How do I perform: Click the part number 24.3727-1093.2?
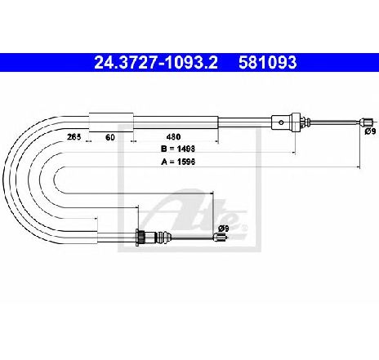click(156, 63)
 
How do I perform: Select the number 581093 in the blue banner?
click(267, 63)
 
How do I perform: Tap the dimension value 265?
click(74, 136)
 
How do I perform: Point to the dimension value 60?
click(110, 137)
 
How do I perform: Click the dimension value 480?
click(173, 136)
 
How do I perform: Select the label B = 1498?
click(178, 149)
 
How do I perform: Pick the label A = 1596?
click(178, 162)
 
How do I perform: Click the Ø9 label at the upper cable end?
click(370, 131)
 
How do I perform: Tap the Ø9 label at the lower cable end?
click(223, 229)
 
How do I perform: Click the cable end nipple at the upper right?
click(366, 122)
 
